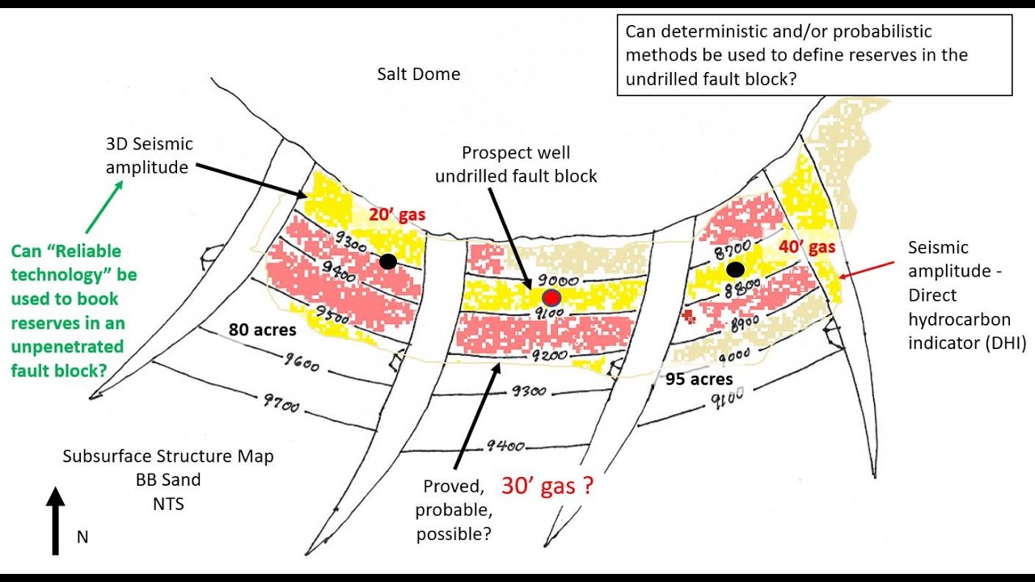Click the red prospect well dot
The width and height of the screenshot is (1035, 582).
point(551,298)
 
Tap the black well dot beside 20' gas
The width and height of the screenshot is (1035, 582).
point(388,261)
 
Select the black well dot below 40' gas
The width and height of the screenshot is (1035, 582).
point(735,269)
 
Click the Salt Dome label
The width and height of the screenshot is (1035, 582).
point(419,74)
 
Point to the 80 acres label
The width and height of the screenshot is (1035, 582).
point(263,330)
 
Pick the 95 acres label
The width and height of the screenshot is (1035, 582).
point(699,379)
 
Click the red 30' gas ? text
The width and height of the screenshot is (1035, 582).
point(547,486)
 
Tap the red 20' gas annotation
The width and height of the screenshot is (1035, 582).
point(397,215)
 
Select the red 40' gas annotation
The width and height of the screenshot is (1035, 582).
point(807,247)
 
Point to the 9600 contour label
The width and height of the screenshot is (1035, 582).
point(302,363)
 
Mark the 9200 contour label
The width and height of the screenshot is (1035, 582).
point(549,355)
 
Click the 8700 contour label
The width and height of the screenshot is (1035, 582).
point(733,250)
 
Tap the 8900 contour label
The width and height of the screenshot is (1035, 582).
point(745,323)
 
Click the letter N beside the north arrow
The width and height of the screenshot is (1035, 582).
point(82,538)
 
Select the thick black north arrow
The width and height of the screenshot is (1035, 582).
point(56,521)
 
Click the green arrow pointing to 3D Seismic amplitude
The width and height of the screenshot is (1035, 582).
point(104,207)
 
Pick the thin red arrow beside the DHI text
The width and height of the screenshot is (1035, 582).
point(866,270)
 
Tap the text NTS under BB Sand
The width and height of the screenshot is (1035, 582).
point(168,504)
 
